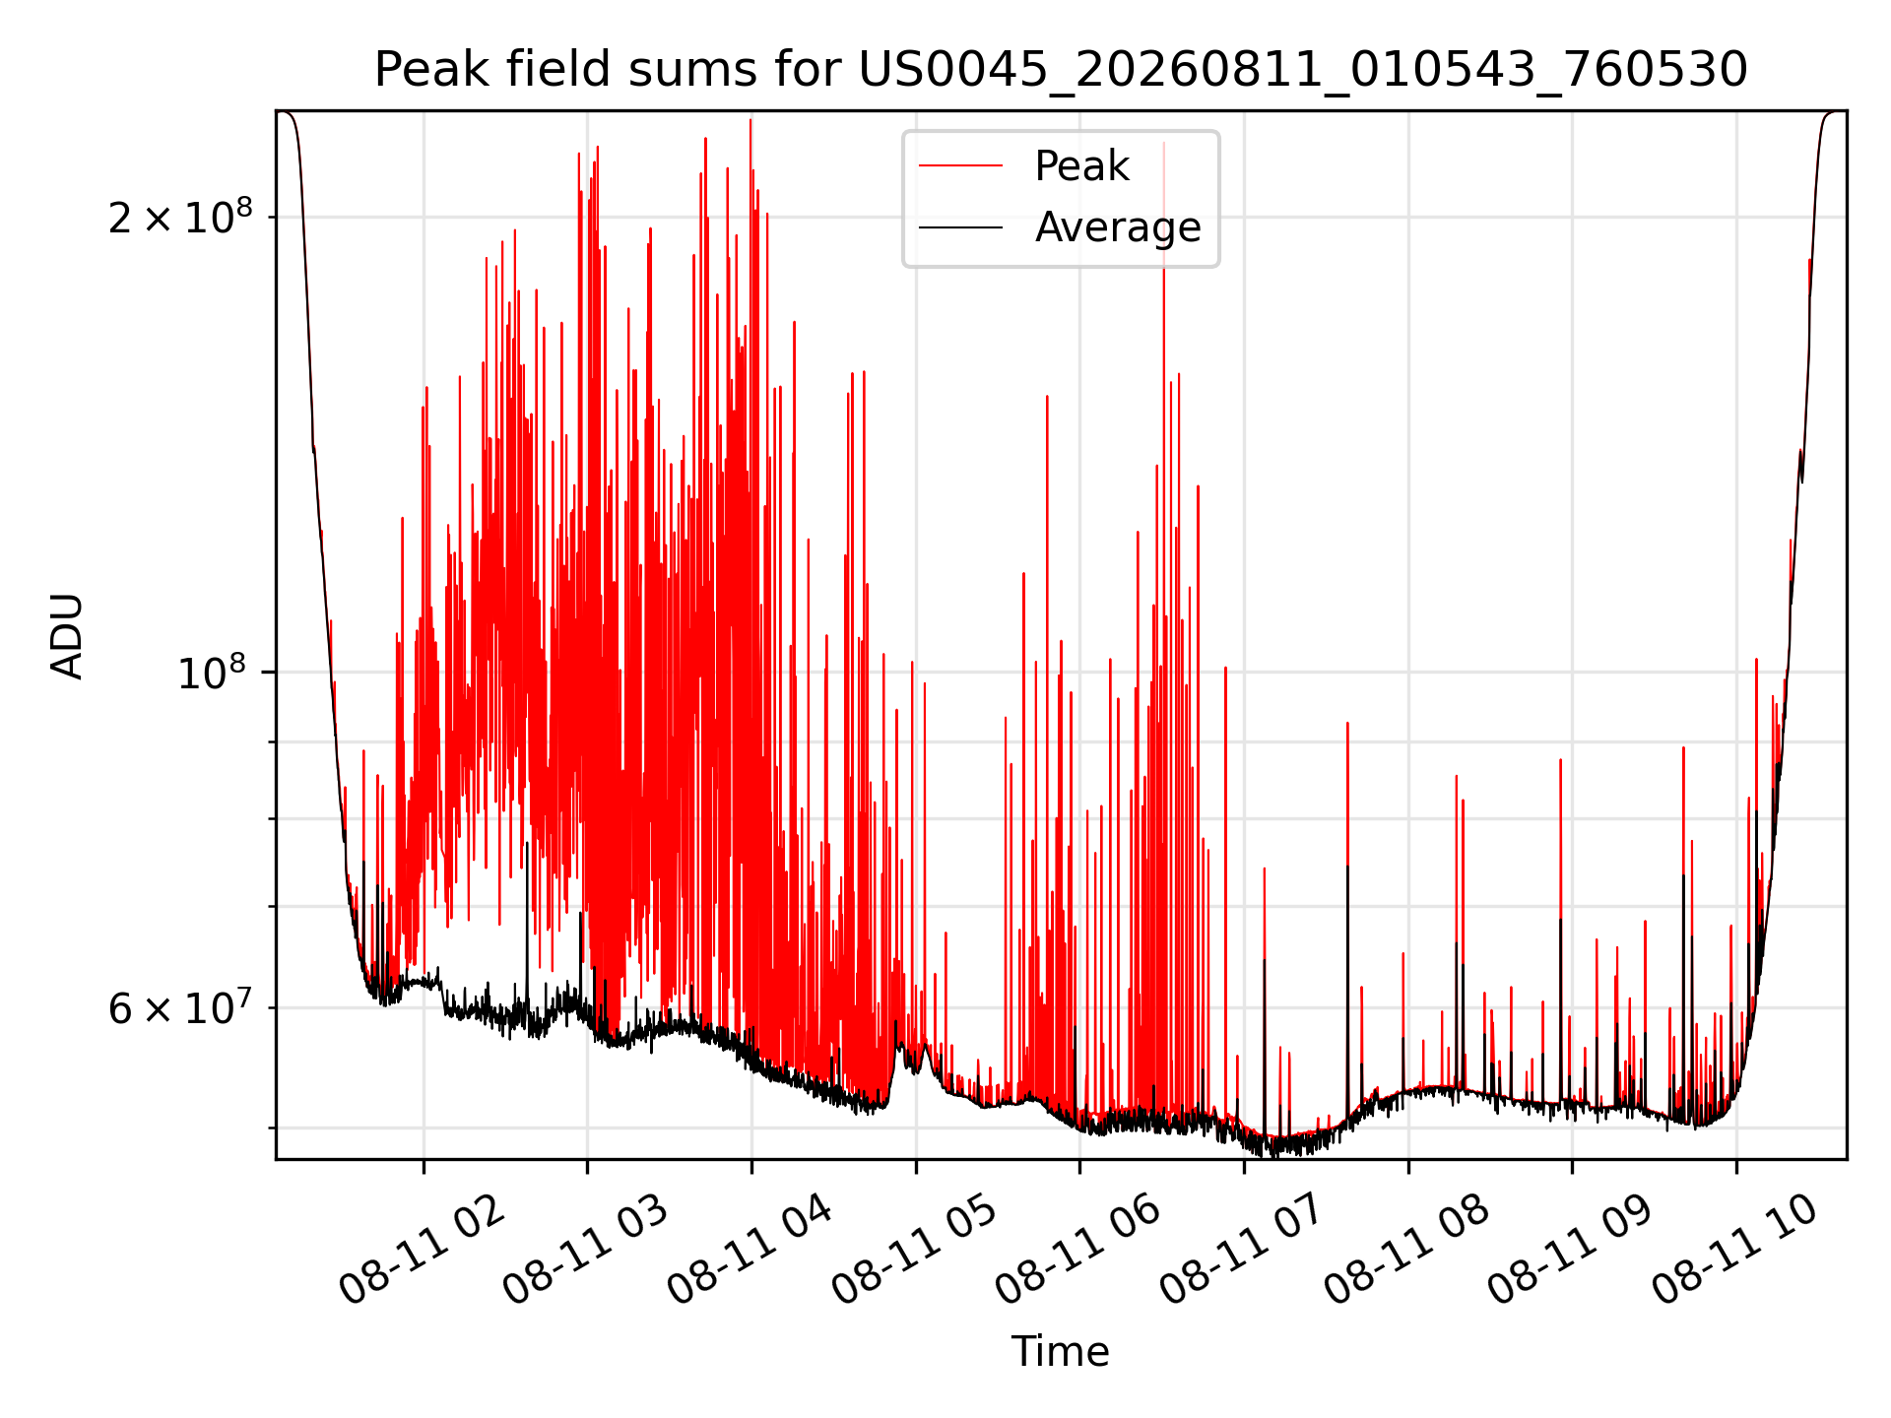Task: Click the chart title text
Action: pos(1061,70)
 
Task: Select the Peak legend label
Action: pos(1081,166)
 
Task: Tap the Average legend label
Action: pos(1118,227)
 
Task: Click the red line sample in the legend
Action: pos(961,166)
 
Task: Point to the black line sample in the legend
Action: pos(961,227)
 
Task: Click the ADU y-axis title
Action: pos(67,636)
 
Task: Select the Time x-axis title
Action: pos(1060,1352)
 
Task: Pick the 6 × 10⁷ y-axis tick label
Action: pos(179,1006)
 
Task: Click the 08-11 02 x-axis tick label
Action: pos(423,1251)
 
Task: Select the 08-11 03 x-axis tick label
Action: pos(586,1251)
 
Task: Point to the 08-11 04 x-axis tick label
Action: pos(750,1251)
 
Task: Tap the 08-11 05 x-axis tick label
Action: pos(915,1251)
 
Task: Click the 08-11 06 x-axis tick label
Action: pos(1078,1251)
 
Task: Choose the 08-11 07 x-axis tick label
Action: pos(1243,1251)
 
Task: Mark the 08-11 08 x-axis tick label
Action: pos(1407,1251)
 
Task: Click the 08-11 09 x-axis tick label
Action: pos(1571,1251)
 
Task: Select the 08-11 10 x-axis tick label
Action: pos(1735,1251)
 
